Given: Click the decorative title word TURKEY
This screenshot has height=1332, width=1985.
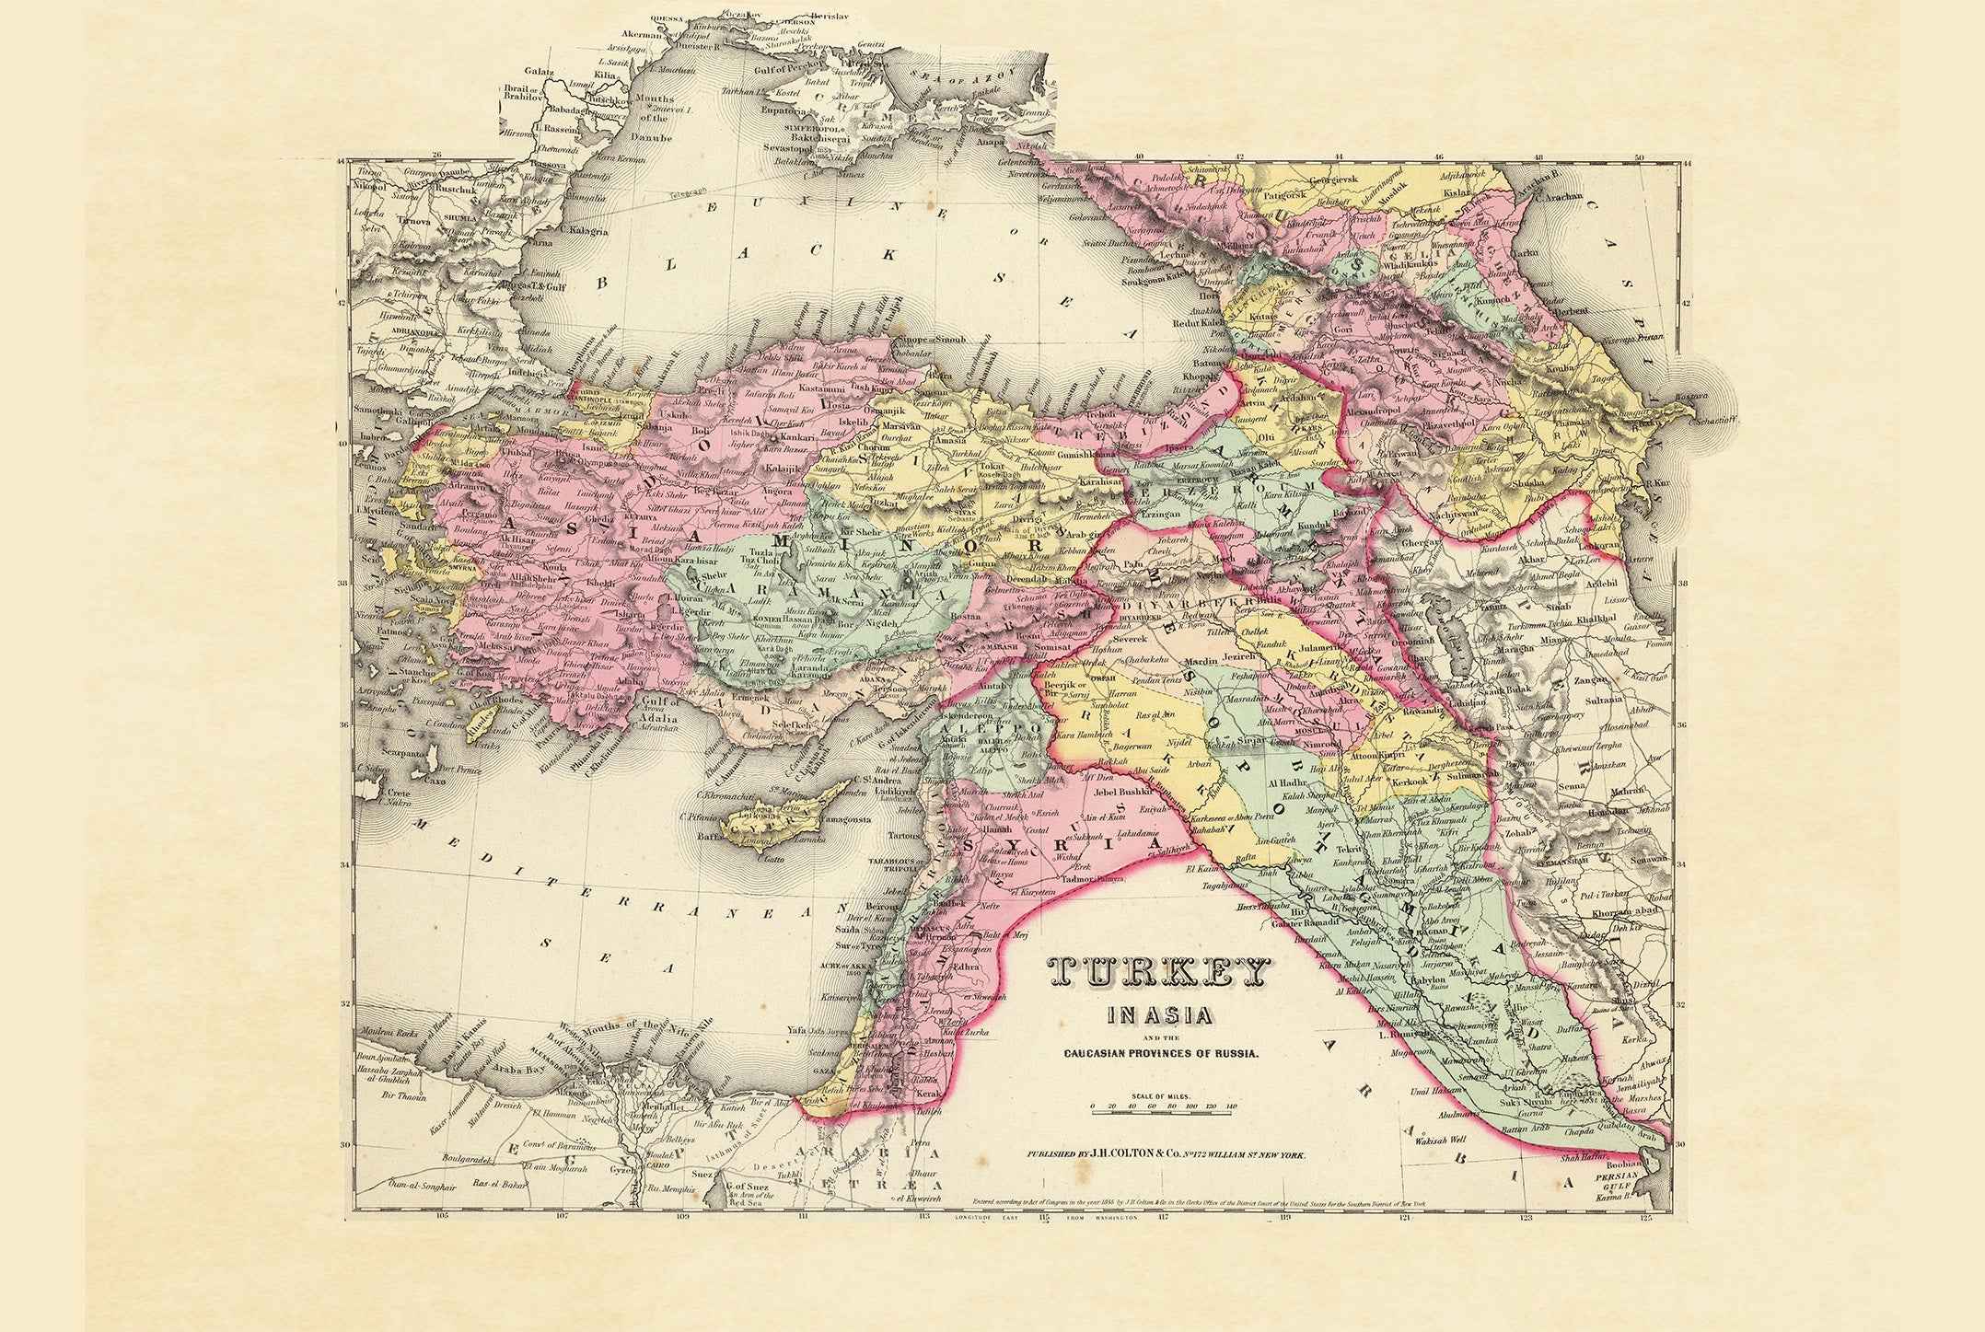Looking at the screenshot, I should tap(1158, 974).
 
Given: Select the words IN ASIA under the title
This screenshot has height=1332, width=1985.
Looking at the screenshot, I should tap(1158, 1016).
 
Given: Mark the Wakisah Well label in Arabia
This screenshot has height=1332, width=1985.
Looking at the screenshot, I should tap(1441, 1139).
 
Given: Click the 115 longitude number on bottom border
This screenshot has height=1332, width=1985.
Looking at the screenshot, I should tap(1043, 1218).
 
